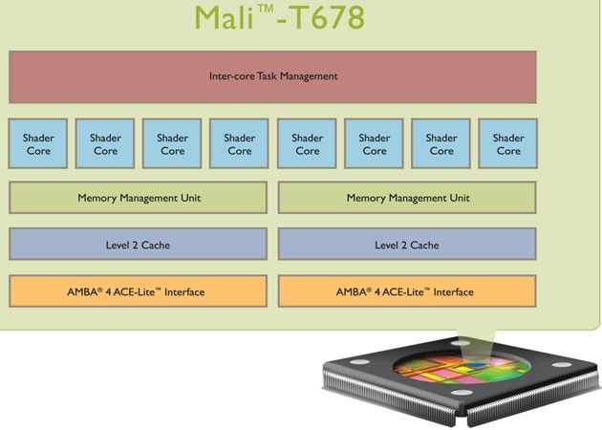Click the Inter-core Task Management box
272,76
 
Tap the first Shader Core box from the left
38,144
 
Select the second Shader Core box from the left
105,144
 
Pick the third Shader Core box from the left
172,144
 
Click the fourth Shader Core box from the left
239,144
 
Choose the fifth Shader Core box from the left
307,144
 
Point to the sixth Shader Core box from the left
374,144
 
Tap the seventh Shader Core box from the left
441,144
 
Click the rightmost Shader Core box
507,144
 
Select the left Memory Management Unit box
139,198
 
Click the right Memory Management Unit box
407,198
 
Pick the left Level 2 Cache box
139,245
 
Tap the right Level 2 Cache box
407,245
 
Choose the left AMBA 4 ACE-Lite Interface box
139,291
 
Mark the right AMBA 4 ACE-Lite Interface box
407,291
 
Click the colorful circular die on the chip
457,375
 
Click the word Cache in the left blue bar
154,246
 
